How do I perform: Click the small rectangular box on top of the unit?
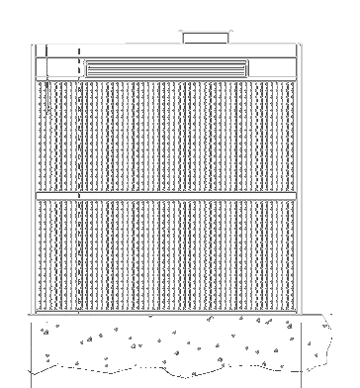click(x=206, y=37)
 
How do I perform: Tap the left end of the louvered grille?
click(x=88, y=68)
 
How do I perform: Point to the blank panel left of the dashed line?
click(x=55, y=68)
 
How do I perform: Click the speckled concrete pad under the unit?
click(x=168, y=341)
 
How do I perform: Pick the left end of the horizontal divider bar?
click(x=40, y=196)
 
